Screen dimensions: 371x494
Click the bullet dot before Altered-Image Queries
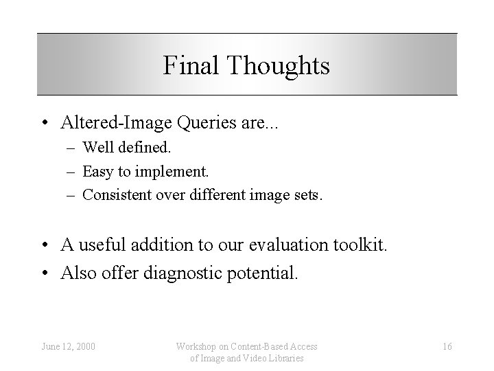(44, 124)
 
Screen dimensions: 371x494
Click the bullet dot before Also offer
(44, 274)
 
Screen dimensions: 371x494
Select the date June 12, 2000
(68, 346)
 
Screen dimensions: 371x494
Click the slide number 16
(447, 346)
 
